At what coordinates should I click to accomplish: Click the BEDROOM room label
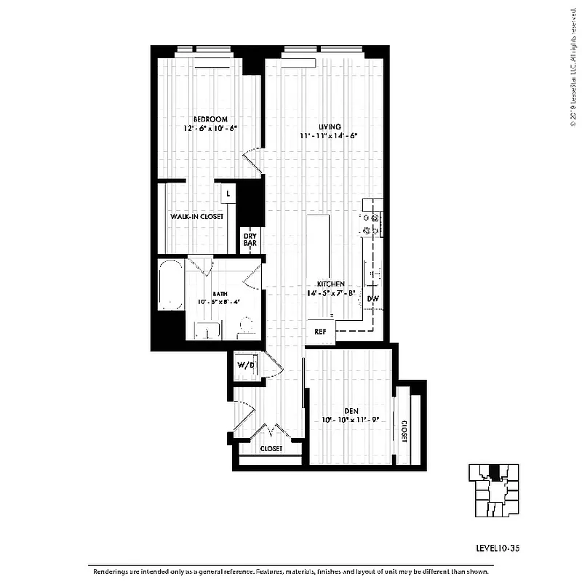point(210,119)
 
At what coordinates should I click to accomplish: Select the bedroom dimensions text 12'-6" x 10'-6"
point(210,129)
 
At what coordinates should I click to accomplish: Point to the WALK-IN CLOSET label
point(196,217)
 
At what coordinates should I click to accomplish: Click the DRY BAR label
point(250,239)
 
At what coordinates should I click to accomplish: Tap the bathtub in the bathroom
point(171,285)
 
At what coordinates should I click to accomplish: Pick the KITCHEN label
point(330,284)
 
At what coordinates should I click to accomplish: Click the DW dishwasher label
point(372,298)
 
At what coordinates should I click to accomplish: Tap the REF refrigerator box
point(320,331)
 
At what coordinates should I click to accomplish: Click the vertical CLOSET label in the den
point(403,431)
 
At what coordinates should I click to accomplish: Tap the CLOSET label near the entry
point(271,449)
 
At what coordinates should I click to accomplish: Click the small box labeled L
point(228,194)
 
